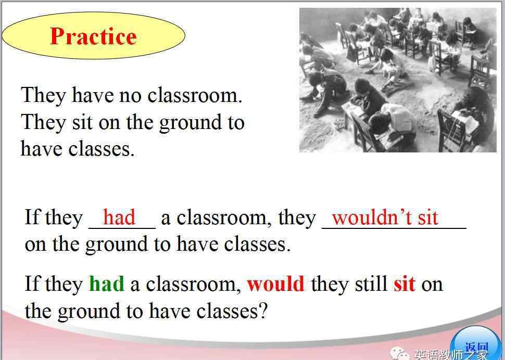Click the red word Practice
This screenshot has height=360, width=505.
tap(93, 36)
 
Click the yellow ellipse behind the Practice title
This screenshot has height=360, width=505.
tap(93, 35)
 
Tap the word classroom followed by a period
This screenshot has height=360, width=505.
tap(195, 95)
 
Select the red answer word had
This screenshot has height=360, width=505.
tap(119, 217)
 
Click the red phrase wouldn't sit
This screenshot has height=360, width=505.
tap(385, 217)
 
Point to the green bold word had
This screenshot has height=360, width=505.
tap(107, 284)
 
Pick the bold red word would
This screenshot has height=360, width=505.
tap(275, 284)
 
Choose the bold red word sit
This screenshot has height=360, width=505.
tap(404, 284)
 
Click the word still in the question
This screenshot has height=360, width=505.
tap(371, 284)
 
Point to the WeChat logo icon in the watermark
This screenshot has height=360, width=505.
tap(400, 353)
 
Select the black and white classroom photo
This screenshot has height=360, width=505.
tap(398, 80)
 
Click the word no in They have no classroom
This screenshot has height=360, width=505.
tap(131, 96)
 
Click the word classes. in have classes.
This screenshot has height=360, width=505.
tap(102, 149)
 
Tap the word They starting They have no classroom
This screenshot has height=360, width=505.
tap(44, 96)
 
